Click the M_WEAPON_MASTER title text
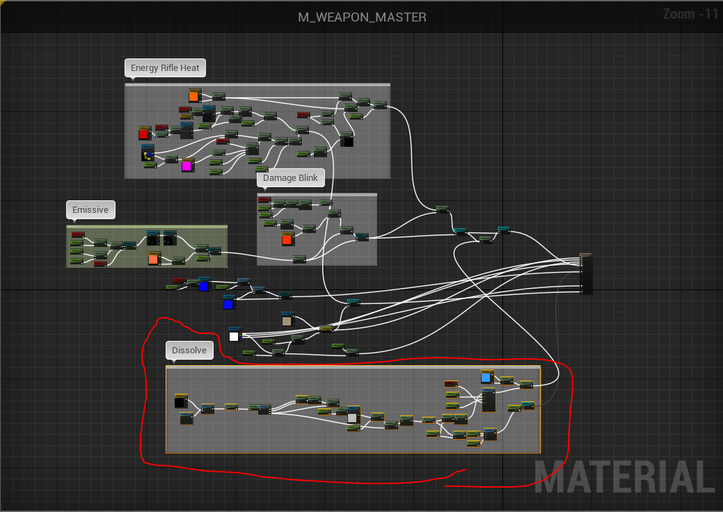tap(362, 17)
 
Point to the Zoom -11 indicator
tap(690, 15)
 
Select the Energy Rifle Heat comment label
tap(165, 67)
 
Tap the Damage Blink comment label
tap(290, 178)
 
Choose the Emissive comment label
tap(90, 209)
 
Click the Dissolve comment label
tap(189, 350)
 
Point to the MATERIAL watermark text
tap(626, 476)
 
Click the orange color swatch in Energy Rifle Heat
tap(193, 96)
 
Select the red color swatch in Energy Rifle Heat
tap(144, 134)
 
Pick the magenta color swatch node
tap(186, 166)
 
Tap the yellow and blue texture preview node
tap(148, 154)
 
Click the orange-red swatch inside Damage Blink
tap(287, 239)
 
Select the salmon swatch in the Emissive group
tap(154, 259)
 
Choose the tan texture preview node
tap(287, 320)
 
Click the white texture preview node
tap(235, 335)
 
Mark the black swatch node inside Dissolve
tap(180, 401)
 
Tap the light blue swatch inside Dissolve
tap(486, 377)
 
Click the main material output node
tap(586, 274)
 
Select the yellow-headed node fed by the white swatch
tap(326, 328)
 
